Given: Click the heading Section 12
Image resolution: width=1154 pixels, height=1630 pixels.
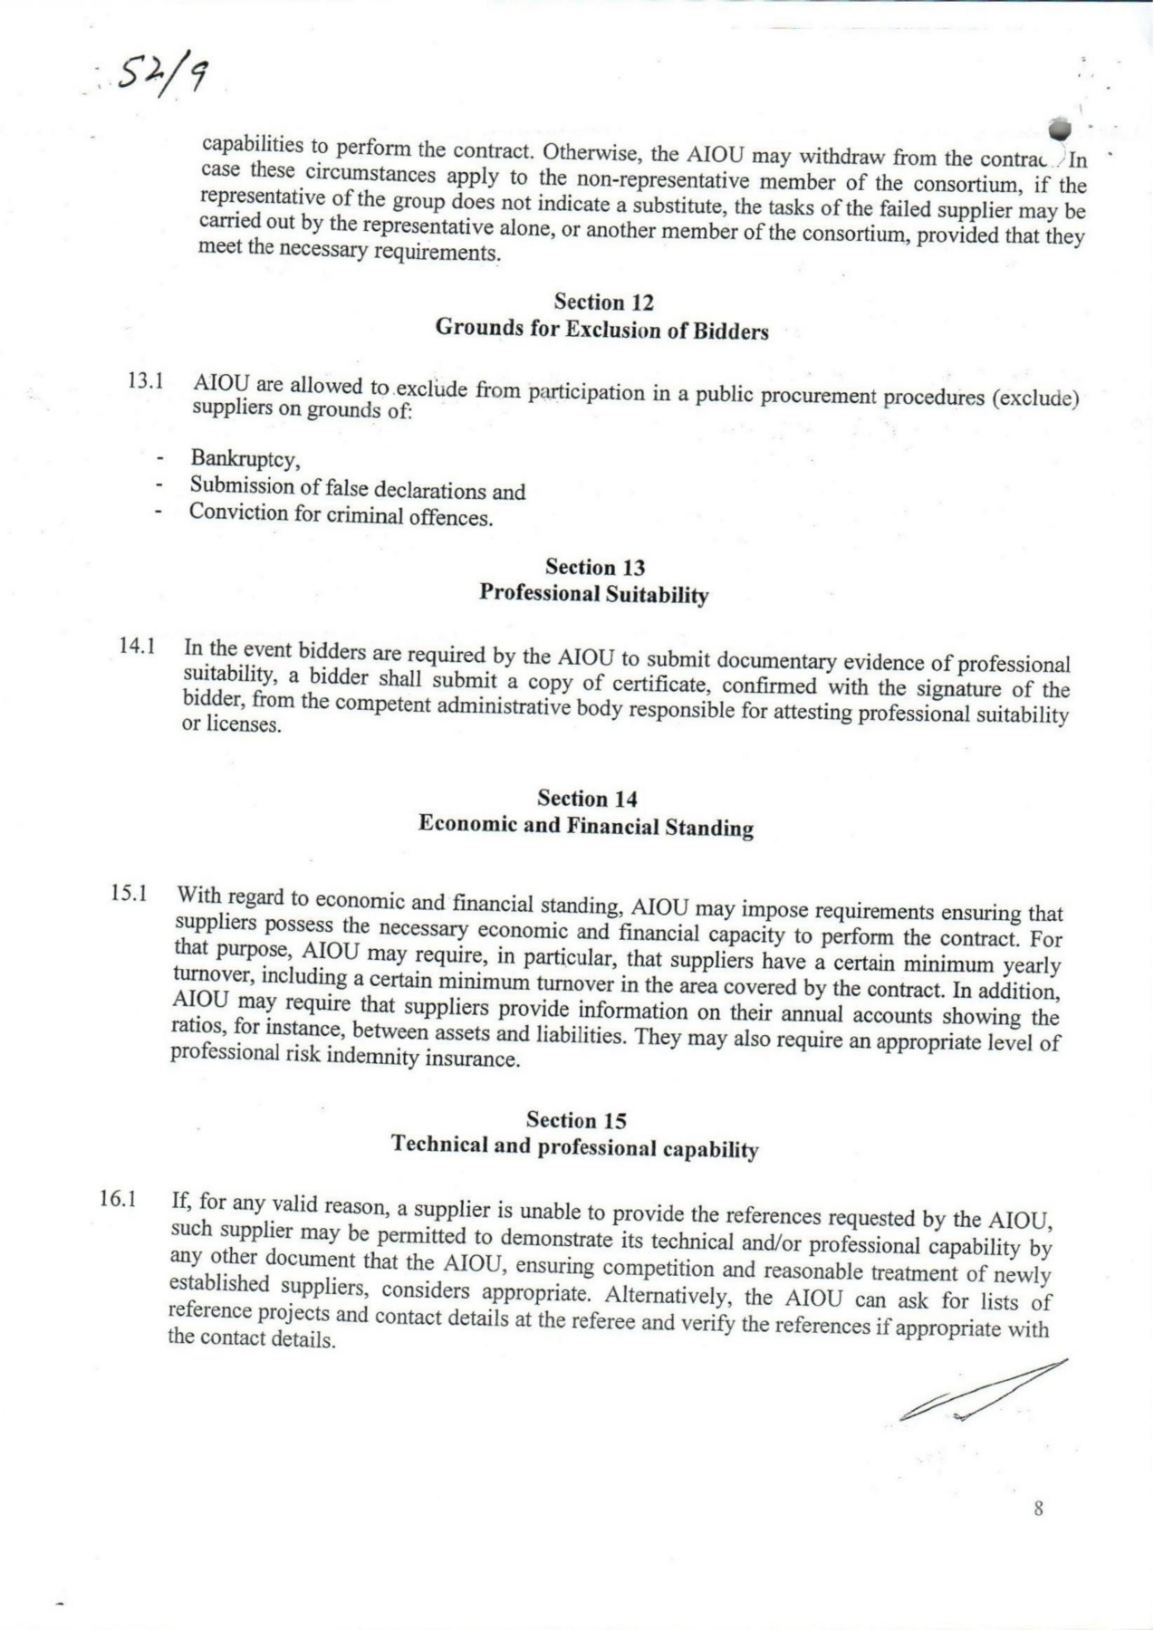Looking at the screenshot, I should coord(603,302).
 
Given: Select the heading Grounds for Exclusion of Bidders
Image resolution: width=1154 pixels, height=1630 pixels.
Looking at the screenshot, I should coord(601,329).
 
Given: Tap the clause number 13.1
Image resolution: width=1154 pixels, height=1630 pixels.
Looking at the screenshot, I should coord(145,380).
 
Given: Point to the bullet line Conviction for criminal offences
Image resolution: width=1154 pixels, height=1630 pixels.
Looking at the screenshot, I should coord(341,515).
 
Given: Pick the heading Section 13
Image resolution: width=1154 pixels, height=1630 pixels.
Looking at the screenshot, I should coord(595,568).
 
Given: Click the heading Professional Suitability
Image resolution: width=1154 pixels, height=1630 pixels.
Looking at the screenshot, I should coord(593,594).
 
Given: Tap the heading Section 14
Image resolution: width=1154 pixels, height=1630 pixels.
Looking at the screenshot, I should coord(587,799).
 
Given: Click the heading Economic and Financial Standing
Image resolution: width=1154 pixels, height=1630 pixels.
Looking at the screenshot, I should coord(585,826).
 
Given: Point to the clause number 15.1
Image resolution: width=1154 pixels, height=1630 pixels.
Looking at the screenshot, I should coord(130,893).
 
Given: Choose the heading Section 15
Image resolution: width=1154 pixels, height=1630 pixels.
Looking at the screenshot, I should coord(576,1120).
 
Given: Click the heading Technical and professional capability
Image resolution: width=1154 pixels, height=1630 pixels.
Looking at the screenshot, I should coord(574,1147).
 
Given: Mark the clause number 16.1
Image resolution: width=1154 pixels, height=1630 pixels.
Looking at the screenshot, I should coord(118,1200).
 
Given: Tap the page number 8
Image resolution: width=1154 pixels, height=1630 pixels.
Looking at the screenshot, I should coord(1038,1509).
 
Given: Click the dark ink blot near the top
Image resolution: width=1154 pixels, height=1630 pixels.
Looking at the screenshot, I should coord(1056,128).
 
